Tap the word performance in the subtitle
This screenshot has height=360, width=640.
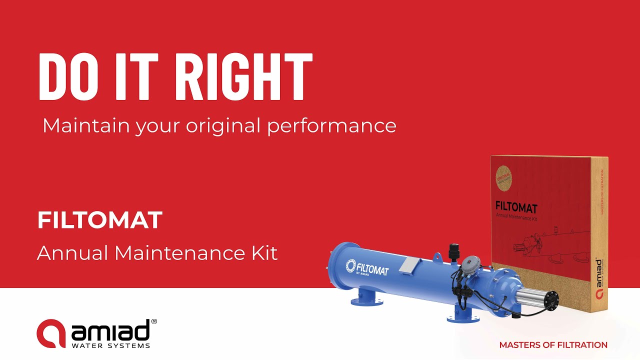pyautogui.click(x=331, y=125)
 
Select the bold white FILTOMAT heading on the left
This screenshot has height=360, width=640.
pyautogui.click(x=100, y=220)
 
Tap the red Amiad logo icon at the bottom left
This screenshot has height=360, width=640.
pyautogui.click(x=51, y=333)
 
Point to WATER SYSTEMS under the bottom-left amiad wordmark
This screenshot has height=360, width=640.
pyautogui.click(x=110, y=345)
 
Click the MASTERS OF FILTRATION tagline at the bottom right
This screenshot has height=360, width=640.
pyautogui.click(x=553, y=345)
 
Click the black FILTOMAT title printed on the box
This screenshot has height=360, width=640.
pyautogui.click(x=515, y=206)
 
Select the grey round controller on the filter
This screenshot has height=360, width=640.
pyautogui.click(x=471, y=263)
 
